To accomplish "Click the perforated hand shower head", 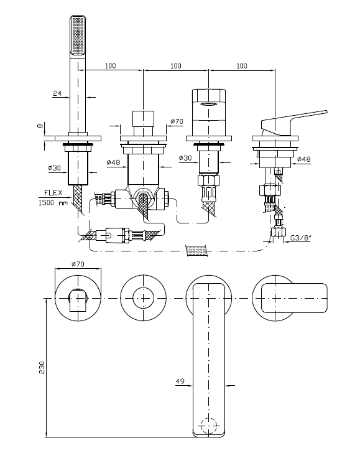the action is click(78, 35).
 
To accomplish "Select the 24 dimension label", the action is click(57, 93).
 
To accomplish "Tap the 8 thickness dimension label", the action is click(40, 126).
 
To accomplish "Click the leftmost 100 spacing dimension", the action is click(110, 65).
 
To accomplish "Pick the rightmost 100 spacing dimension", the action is click(242, 65).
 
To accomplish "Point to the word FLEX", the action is click(53, 193).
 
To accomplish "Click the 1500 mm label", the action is click(53, 203).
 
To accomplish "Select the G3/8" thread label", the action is click(301, 237).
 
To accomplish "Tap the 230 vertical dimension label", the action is click(42, 367).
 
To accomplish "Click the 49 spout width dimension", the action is click(180, 381).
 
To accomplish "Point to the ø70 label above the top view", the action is click(78, 264).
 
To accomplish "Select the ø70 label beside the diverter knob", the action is click(177, 121).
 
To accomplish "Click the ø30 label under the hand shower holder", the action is click(54, 168).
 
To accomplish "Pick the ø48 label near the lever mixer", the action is click(303, 159).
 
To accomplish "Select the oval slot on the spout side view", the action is click(209, 104).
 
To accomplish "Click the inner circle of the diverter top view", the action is click(143, 299).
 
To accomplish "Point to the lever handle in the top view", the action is click(295, 298).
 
